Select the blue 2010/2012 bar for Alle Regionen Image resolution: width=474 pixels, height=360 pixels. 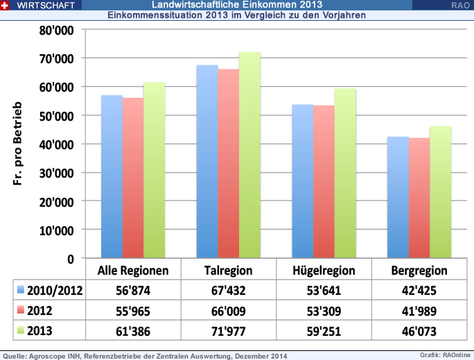point(112,177)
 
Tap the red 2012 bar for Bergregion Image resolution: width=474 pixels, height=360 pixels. point(419,198)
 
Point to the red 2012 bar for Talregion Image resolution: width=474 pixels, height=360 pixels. point(228,163)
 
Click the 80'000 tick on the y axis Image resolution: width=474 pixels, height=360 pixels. point(55,31)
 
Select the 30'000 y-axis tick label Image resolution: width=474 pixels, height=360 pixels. point(55,173)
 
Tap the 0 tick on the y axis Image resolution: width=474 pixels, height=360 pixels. point(70,259)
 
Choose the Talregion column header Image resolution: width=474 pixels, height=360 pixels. point(228,270)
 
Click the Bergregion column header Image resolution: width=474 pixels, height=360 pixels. point(419,270)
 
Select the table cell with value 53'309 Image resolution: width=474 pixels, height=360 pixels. point(324,309)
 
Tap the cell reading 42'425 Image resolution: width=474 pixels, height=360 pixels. point(419,289)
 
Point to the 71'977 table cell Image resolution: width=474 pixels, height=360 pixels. point(228,328)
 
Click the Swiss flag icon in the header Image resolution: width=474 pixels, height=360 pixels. point(6,5)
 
